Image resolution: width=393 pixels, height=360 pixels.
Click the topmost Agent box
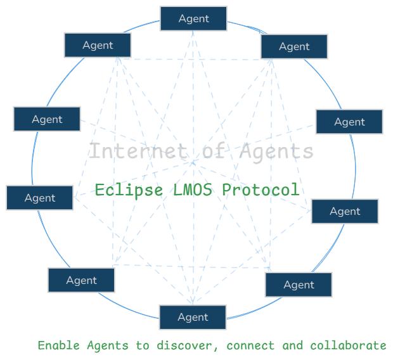[193, 18]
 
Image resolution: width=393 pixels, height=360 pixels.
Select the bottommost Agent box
[193, 317]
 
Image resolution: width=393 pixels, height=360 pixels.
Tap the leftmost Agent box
[40, 198]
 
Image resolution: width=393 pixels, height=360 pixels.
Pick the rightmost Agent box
[349, 122]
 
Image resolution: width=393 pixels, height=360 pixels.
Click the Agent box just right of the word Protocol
[345, 211]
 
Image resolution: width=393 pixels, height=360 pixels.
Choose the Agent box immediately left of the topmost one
[98, 45]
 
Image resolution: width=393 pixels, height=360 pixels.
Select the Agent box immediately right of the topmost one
[294, 46]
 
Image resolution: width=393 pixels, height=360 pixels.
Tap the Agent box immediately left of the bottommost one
[81, 280]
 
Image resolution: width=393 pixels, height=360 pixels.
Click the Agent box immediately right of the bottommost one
[299, 285]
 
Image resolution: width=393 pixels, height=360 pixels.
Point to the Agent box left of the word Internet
[47, 119]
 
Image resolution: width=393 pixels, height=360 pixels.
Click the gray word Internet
[138, 151]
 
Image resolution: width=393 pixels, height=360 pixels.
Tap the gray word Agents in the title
[277, 151]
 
